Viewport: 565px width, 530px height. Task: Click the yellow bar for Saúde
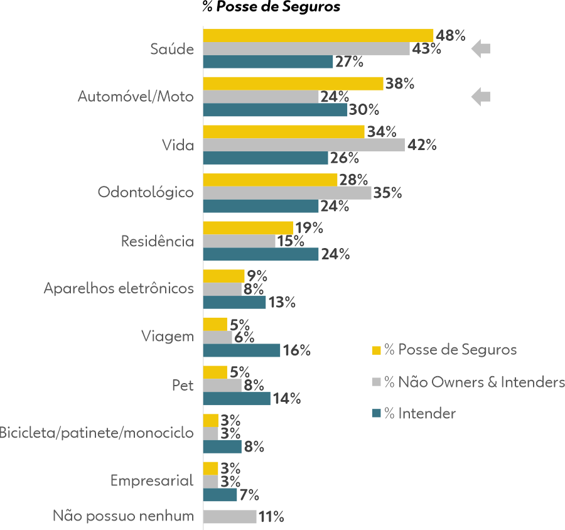click(x=318, y=35)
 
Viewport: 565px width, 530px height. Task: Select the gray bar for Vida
click(x=304, y=145)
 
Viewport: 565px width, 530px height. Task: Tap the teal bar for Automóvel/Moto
click(x=275, y=110)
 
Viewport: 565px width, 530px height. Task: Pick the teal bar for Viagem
click(x=242, y=350)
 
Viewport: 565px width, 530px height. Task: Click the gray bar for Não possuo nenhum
click(x=230, y=517)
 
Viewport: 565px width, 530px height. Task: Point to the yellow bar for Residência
click(x=248, y=228)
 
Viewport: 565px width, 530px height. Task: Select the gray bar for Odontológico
click(x=287, y=193)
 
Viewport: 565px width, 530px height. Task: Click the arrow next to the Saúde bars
click(x=481, y=48)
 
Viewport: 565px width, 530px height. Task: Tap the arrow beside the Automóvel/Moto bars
click(x=481, y=97)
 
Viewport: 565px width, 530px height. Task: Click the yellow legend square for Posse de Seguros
click(x=377, y=350)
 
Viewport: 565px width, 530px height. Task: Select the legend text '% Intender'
click(x=420, y=413)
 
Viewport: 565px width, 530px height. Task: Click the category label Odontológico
click(x=146, y=192)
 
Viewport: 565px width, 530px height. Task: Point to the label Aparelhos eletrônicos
click(x=119, y=288)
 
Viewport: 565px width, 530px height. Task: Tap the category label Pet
click(x=183, y=384)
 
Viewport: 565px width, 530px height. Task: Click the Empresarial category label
click(x=152, y=480)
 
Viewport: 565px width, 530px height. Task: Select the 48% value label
click(x=450, y=36)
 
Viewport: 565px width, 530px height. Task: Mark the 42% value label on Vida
click(x=422, y=146)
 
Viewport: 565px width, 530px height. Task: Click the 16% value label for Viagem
click(x=297, y=351)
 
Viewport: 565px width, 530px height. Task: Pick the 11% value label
click(x=271, y=517)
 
